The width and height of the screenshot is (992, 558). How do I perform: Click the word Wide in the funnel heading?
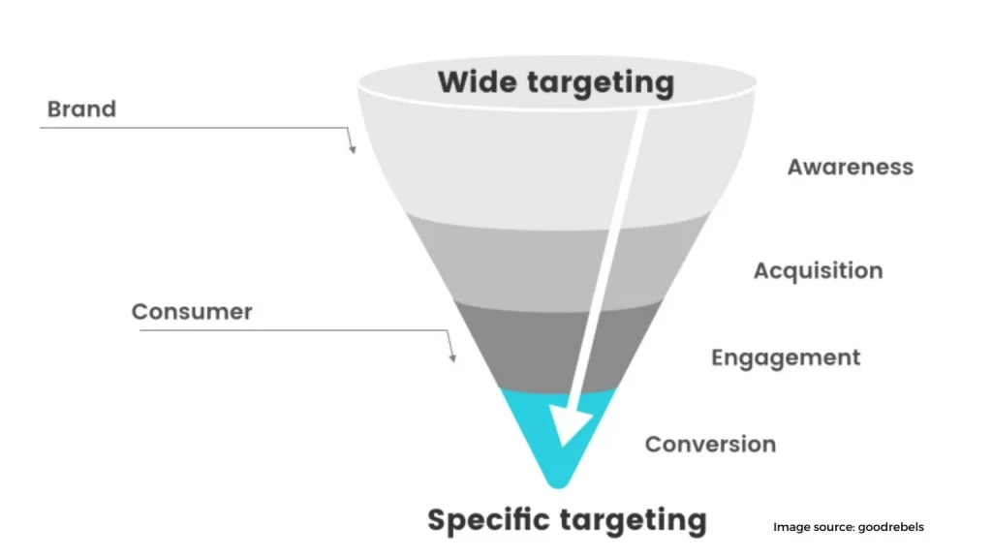(477, 81)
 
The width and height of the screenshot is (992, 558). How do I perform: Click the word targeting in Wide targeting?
(601, 84)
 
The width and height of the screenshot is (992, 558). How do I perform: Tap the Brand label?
(81, 108)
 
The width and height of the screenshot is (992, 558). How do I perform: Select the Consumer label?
(192, 311)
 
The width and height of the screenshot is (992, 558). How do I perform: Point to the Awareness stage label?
(851, 167)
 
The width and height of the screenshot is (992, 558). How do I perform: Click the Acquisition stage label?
(818, 271)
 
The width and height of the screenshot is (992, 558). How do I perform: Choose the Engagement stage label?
(786, 358)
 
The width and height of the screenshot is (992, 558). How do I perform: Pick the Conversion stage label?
(710, 444)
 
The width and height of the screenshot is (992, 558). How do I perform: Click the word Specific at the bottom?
(488, 520)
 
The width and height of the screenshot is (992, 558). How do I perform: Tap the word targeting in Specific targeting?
(634, 522)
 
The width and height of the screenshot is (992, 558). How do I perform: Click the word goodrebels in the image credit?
(891, 527)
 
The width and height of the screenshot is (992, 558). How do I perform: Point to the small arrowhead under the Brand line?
(353, 149)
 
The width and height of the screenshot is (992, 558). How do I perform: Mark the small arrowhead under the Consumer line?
(453, 358)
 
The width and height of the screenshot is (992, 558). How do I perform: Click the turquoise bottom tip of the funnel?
(557, 442)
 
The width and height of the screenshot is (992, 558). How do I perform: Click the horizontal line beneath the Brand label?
(194, 128)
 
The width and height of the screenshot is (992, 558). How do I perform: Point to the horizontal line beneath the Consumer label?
(294, 330)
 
